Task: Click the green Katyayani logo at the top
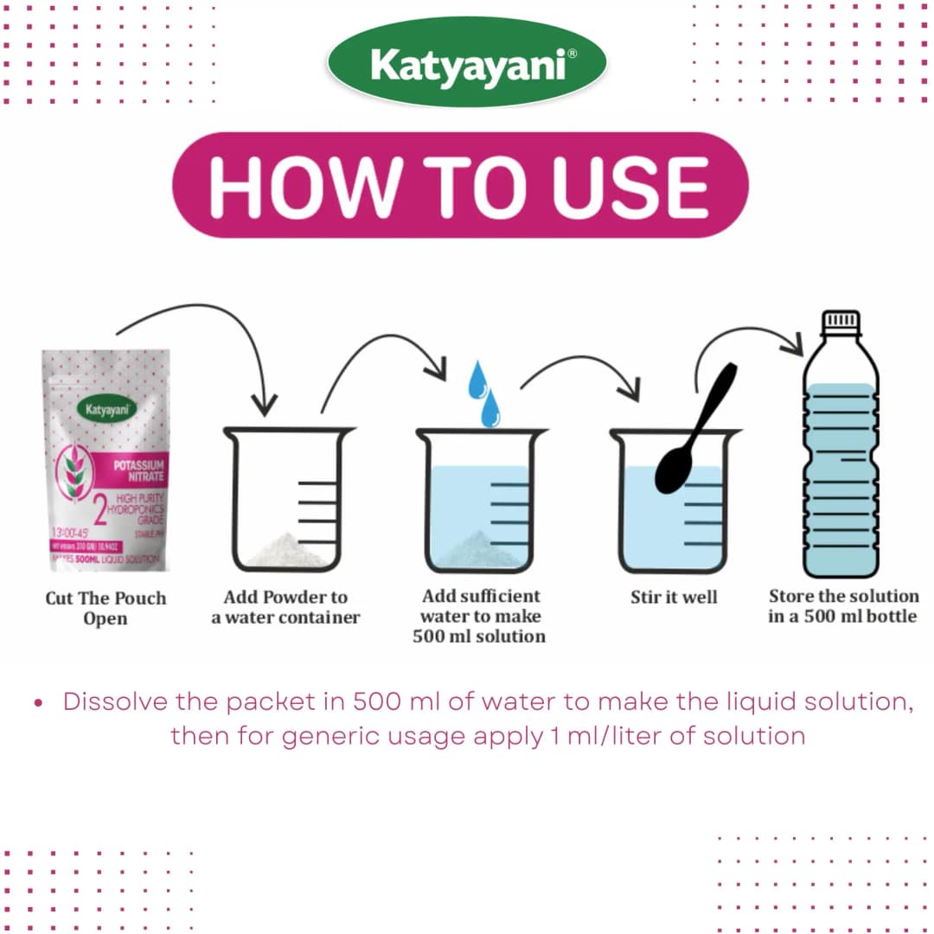point(467,63)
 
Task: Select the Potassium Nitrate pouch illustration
point(106,458)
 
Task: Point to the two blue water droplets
point(483,393)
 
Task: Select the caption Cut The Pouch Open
point(106,608)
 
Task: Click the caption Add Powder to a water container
point(285,607)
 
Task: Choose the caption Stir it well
point(674,597)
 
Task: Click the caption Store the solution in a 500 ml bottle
point(843,605)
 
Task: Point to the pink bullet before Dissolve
point(38,703)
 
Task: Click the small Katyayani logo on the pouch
point(106,407)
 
